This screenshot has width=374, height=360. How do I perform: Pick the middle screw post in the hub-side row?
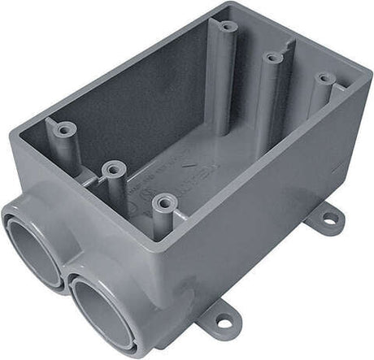tap(113, 170)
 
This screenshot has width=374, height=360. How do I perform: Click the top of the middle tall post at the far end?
tap(272, 57)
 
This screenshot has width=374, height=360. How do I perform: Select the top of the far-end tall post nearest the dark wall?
tap(228, 26)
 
